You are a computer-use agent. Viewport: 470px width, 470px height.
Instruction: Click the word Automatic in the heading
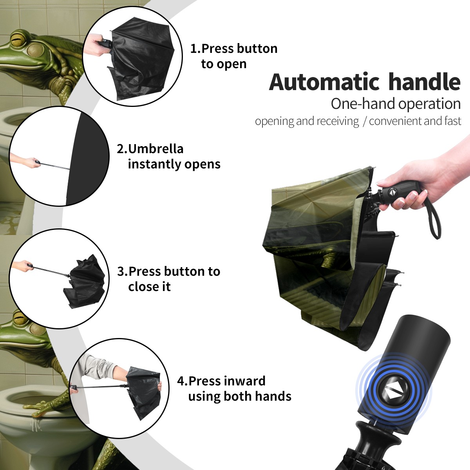324,82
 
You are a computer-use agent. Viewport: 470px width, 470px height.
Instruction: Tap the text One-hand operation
396,104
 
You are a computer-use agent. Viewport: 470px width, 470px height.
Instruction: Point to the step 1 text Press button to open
234,56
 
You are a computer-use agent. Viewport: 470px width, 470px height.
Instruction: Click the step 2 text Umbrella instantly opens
168,156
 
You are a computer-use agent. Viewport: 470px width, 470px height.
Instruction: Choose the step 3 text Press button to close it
168,279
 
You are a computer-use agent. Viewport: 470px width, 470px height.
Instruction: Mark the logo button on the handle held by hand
392,192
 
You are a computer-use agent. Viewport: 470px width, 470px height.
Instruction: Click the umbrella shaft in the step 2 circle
54,166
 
